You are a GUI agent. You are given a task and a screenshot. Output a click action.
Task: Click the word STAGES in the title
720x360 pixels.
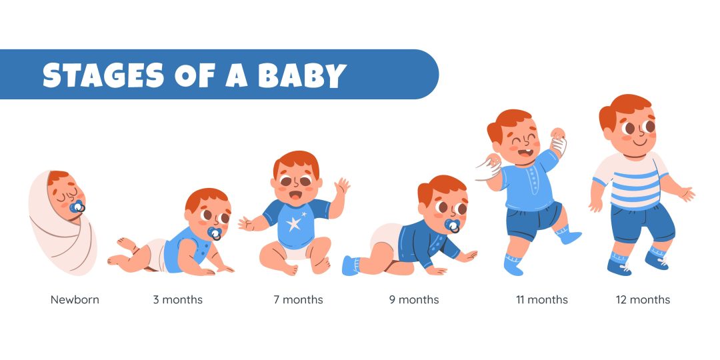(103, 75)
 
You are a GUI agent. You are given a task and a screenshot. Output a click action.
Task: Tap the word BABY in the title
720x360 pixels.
(302, 75)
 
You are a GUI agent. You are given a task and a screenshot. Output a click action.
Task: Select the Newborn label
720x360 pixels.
(75, 300)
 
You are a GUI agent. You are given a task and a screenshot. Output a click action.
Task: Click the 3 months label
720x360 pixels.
(178, 300)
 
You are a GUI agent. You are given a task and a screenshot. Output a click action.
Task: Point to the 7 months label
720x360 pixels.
(299, 300)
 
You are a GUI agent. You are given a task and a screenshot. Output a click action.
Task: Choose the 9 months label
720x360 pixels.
(414, 300)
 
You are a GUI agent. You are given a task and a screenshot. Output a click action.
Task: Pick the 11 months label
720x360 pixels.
(542, 300)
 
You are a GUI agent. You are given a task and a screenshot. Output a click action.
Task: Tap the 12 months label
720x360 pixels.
(643, 300)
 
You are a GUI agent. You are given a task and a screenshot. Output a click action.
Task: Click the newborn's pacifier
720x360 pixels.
(77, 207)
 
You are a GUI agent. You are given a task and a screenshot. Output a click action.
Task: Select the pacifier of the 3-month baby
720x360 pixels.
(215, 233)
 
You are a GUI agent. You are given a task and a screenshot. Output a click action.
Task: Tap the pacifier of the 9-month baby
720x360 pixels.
(452, 226)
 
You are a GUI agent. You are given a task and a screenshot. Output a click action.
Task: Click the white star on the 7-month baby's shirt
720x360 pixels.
(294, 223)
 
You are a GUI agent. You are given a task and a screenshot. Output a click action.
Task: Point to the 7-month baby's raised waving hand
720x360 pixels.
(342, 186)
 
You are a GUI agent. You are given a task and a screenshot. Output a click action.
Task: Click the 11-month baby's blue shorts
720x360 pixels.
(533, 220)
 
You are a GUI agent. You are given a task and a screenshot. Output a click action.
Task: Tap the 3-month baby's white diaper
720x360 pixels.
(157, 255)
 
